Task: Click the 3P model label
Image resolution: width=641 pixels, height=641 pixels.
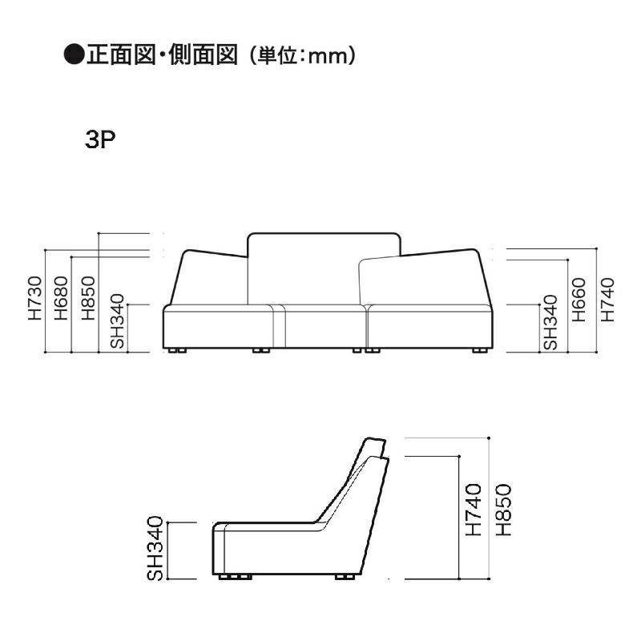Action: tap(101, 140)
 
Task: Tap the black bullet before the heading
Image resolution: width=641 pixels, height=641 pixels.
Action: tap(73, 55)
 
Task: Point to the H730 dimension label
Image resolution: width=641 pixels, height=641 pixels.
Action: tap(34, 299)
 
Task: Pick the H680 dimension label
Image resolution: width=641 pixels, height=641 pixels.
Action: tap(61, 299)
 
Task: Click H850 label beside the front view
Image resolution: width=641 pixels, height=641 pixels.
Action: tap(87, 299)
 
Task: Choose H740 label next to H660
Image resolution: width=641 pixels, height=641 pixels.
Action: tap(607, 299)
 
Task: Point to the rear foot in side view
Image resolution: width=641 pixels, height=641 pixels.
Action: tap(346, 576)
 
